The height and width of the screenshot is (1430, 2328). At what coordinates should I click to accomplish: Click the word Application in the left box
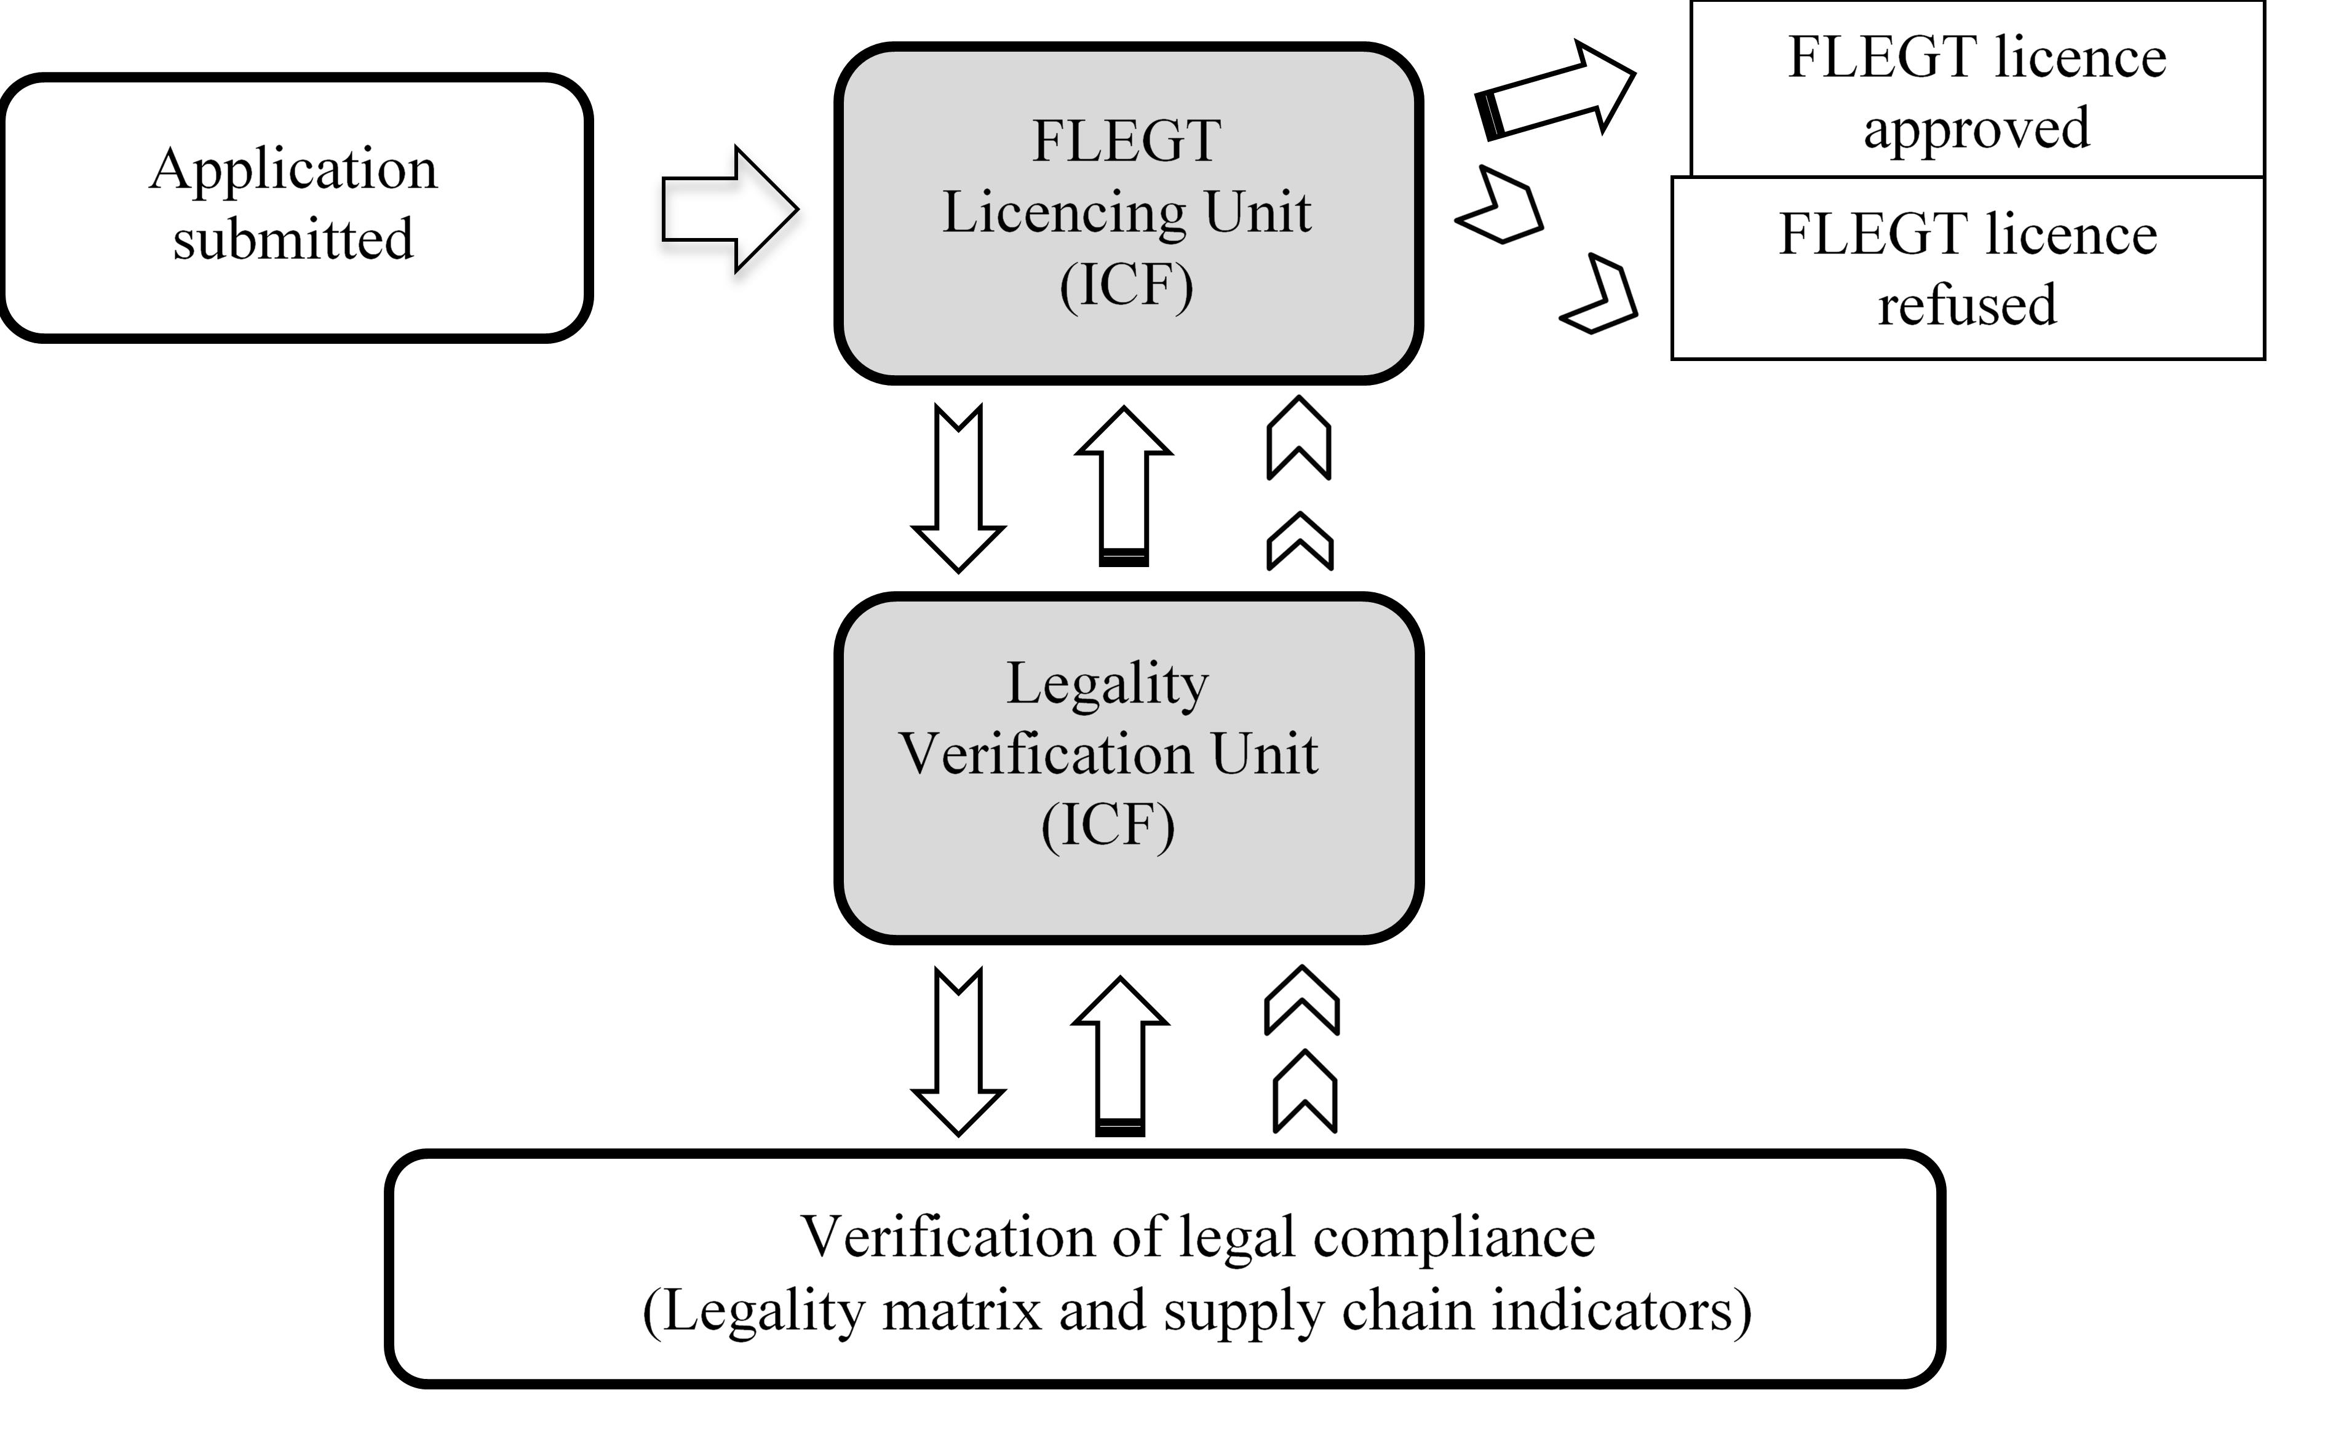pyautogui.click(x=293, y=171)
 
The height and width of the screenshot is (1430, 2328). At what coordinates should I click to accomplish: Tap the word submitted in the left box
pyautogui.click(x=293, y=239)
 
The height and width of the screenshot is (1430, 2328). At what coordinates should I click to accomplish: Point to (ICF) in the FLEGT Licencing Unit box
pyautogui.click(x=1126, y=285)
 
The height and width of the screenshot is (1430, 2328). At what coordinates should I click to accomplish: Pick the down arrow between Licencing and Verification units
pyautogui.click(x=958, y=488)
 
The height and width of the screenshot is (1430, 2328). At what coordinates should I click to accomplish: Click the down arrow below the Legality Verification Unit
pyautogui.click(x=958, y=1051)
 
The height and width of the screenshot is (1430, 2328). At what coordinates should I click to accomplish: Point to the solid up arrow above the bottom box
pyautogui.click(x=1121, y=1055)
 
